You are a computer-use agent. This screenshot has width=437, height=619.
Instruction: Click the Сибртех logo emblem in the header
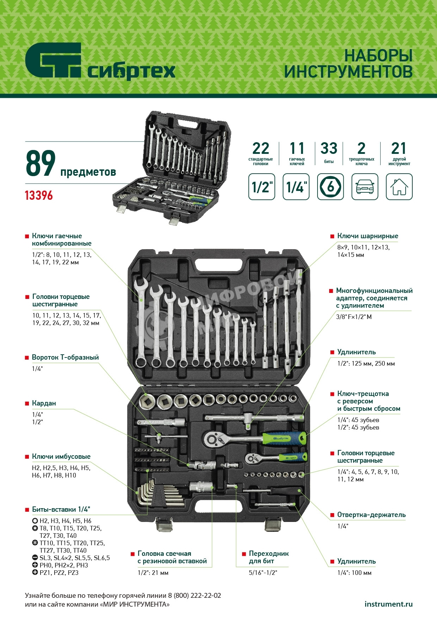(53, 60)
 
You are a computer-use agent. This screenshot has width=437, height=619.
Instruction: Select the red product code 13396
(39, 196)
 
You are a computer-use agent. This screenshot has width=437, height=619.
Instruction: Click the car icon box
(365, 187)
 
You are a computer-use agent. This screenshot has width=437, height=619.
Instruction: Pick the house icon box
(399, 187)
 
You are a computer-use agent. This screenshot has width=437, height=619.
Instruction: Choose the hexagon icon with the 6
(331, 187)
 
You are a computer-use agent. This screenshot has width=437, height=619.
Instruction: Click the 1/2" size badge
(262, 187)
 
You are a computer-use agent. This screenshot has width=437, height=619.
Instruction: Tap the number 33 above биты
(329, 148)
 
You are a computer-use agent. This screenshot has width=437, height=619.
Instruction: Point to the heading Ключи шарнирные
(368, 236)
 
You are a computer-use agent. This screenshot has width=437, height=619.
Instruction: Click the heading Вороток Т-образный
(65, 357)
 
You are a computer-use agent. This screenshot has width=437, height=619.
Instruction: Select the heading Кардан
(44, 403)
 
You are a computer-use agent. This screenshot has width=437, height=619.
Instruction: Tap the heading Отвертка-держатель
(371, 515)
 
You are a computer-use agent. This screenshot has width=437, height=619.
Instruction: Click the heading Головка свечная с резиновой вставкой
(172, 557)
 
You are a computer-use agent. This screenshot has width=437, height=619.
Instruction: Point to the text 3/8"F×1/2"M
(354, 317)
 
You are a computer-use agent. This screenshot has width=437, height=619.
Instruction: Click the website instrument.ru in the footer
(388, 604)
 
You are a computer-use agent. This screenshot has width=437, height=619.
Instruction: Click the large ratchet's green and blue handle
(284, 438)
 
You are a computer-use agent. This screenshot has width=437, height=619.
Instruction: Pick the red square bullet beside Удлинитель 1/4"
(332, 562)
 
